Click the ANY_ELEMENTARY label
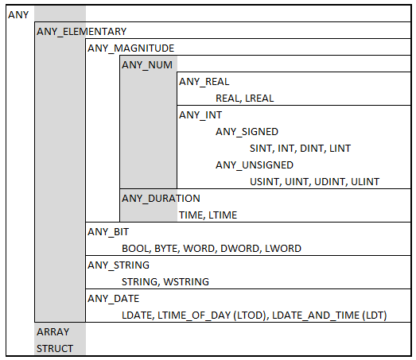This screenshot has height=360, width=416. [x=81, y=32]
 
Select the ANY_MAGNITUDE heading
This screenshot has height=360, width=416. [x=130, y=48]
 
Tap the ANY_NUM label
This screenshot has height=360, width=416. [x=147, y=65]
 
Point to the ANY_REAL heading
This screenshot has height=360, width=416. [x=204, y=82]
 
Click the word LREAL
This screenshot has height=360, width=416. [x=259, y=99]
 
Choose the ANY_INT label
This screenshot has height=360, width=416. [x=200, y=115]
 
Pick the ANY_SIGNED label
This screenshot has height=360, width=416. [x=247, y=132]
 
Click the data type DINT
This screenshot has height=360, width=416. [x=313, y=149]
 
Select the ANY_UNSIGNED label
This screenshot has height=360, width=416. [x=255, y=165]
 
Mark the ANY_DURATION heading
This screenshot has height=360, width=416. [x=161, y=199]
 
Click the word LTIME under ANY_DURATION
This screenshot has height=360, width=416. [x=223, y=215]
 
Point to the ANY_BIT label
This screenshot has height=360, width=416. [x=108, y=232]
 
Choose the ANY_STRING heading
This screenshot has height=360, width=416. [x=119, y=265]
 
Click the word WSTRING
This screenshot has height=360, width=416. [x=186, y=282]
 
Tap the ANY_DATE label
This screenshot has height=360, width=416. [x=113, y=299]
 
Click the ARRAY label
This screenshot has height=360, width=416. [x=53, y=332]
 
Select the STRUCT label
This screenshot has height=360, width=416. [x=55, y=349]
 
